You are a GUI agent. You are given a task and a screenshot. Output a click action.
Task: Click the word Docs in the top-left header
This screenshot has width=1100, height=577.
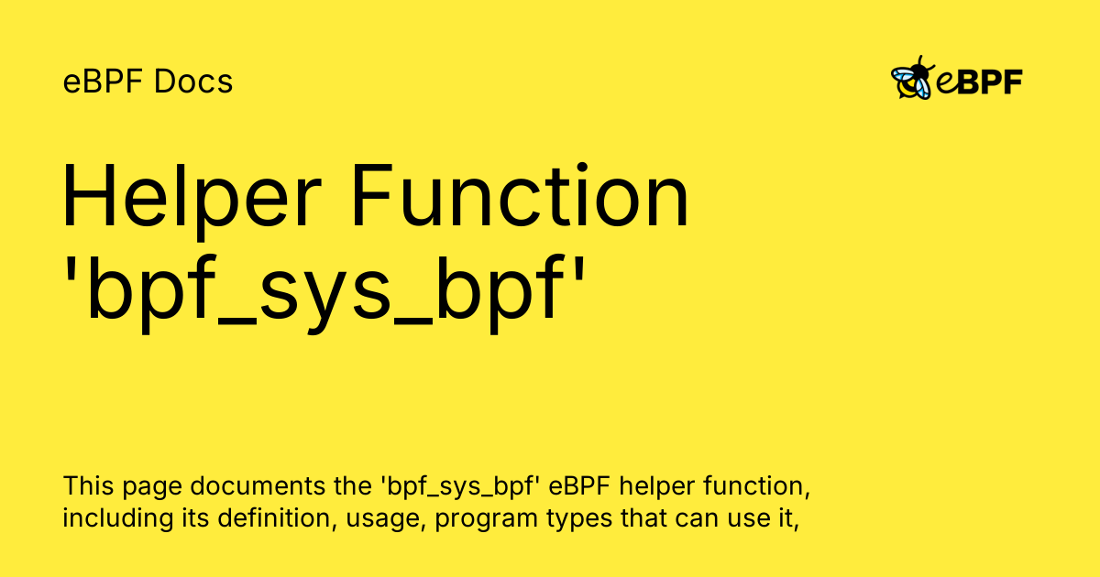193,82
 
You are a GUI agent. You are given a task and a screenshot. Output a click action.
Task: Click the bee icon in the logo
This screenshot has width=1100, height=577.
912,78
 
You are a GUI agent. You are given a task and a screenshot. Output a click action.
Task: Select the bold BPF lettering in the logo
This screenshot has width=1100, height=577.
990,82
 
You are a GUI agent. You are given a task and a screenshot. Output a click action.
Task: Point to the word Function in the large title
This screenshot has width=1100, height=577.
521,195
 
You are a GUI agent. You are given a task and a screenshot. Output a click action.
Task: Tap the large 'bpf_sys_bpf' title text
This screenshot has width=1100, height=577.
325,293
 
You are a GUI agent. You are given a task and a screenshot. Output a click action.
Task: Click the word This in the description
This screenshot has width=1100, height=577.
88,485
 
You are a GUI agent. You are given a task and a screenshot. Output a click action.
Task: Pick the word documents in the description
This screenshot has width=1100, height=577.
258,485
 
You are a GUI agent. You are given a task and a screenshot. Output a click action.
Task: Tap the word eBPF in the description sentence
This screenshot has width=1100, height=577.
579,485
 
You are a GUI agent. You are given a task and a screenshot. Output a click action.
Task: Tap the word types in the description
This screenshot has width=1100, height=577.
579,521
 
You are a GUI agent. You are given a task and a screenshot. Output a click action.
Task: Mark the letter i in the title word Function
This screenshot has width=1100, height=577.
582,195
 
